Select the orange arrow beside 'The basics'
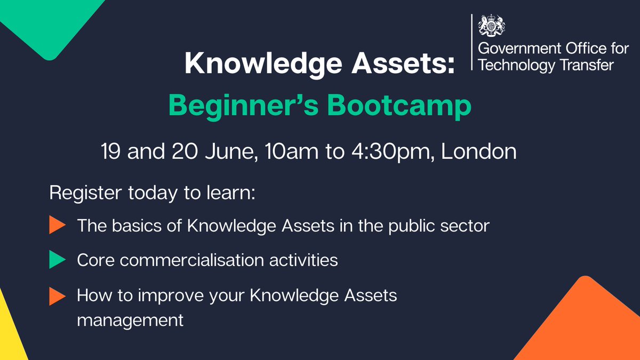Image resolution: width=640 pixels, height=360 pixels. pyautogui.click(x=57, y=226)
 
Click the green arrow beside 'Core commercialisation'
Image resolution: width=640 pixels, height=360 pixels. pyautogui.click(x=57, y=260)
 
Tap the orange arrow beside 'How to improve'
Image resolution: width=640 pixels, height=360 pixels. pyautogui.click(x=57, y=296)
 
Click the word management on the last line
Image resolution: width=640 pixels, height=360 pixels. pyautogui.click(x=131, y=321)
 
